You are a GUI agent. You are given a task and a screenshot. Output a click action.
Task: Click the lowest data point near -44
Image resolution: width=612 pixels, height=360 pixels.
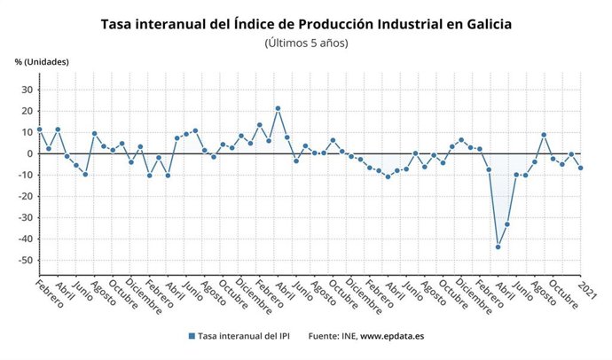point(498,247)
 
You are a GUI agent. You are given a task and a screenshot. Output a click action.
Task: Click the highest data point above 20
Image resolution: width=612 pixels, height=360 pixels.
point(278,108)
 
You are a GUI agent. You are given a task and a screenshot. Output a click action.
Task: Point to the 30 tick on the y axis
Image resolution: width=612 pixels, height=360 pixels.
point(27,90)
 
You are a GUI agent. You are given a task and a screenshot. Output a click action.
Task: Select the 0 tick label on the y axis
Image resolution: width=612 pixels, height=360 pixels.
point(29,153)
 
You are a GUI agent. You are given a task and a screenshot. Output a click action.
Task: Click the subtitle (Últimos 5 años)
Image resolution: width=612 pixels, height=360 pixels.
point(306,42)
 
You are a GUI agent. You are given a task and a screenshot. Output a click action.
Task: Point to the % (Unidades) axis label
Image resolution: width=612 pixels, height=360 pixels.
point(41,61)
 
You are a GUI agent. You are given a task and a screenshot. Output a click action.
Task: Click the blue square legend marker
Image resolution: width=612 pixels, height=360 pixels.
point(191,336)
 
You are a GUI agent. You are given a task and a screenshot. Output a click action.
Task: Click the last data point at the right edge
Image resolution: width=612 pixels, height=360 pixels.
point(581,168)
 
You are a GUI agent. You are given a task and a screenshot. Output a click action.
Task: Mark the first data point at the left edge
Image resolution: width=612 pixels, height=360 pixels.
point(39,129)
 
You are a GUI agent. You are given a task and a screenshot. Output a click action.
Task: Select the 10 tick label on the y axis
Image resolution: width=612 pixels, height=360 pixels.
point(27,132)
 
